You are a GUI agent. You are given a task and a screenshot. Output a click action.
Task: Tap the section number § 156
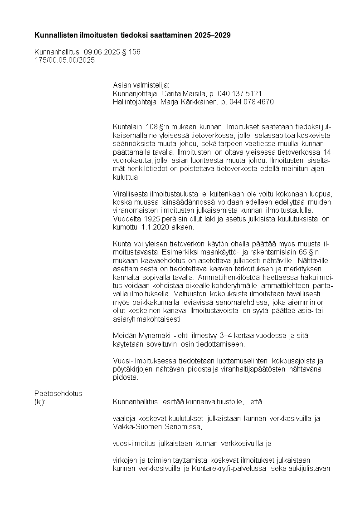point(131,52)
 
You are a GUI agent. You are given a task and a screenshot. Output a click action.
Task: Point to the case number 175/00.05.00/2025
point(65,60)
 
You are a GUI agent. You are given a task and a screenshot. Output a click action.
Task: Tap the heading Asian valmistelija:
point(141,85)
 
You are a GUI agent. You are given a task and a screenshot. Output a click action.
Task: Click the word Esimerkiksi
point(179,252)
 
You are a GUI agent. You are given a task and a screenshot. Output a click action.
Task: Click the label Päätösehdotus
point(58,393)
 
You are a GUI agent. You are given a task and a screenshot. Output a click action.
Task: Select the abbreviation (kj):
point(40,402)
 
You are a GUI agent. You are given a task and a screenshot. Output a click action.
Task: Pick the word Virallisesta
point(132,194)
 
